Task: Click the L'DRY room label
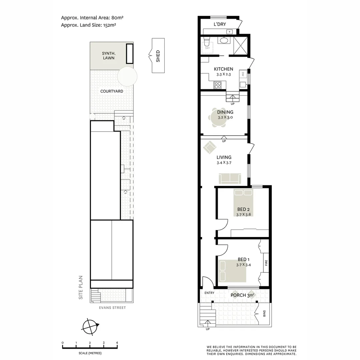pos(220,24)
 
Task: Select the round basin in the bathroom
pos(223,41)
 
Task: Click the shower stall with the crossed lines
pos(241,45)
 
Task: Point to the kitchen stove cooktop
pos(217,85)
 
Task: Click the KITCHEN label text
pos(223,69)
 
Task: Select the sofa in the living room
pos(230,179)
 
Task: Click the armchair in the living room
pos(210,147)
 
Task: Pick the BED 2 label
pos(243,209)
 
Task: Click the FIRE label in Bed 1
pos(266,263)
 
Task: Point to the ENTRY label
pos(209,293)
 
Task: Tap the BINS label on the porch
pos(264,314)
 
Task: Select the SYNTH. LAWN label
pos(108,55)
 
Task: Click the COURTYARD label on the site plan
pos(112,91)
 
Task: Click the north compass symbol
pos(90,326)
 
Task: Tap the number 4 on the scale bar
pos(117,343)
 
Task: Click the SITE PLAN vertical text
pos(81,287)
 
